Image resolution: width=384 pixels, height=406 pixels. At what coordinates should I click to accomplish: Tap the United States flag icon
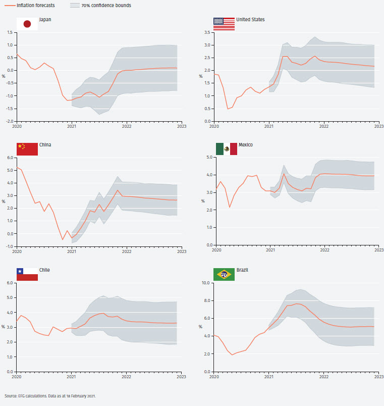(x=224, y=24)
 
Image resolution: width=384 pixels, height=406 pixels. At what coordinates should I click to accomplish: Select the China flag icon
(x=27, y=149)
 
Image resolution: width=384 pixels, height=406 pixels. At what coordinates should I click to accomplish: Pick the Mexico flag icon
(x=226, y=148)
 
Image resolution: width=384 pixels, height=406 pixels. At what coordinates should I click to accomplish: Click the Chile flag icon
(x=27, y=274)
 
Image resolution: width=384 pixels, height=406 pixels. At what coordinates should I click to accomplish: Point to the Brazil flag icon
(x=224, y=274)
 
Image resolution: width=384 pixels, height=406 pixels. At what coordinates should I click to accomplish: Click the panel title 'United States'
(x=251, y=20)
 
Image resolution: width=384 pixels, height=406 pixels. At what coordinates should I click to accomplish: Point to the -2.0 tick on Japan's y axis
(x=9, y=121)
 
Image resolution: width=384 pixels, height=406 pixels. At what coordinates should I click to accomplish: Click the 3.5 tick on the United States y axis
(x=206, y=32)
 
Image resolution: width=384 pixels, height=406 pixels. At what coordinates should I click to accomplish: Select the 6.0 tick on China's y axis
(x=10, y=158)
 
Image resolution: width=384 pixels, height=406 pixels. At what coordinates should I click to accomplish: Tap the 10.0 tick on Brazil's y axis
(x=206, y=283)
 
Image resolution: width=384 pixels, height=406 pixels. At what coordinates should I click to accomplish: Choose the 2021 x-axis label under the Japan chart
(x=72, y=126)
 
